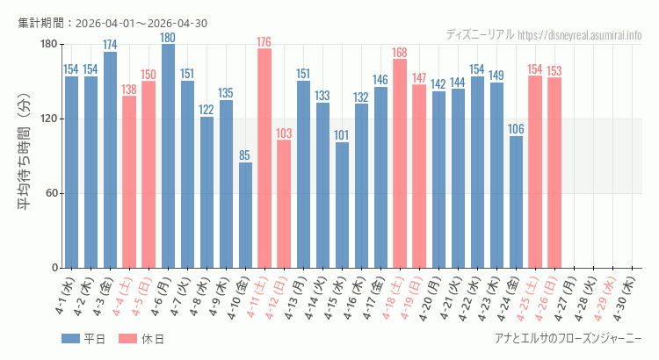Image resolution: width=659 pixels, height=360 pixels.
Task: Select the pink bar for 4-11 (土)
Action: (264, 158)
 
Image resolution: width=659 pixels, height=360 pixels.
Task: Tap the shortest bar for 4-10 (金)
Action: (245, 215)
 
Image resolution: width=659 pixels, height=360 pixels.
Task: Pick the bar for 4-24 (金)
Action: (516, 202)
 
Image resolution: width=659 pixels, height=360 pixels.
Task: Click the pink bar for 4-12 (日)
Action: (284, 204)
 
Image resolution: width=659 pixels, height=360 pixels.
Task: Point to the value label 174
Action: (110, 45)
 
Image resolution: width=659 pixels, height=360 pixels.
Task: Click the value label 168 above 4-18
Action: (400, 53)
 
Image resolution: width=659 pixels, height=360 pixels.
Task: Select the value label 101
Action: (342, 135)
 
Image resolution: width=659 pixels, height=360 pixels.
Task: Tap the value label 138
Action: (129, 90)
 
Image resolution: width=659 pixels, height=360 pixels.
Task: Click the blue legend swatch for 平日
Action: (71, 339)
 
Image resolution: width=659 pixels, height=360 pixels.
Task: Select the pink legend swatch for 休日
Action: (127, 339)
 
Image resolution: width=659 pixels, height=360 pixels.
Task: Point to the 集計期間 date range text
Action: (112, 24)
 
